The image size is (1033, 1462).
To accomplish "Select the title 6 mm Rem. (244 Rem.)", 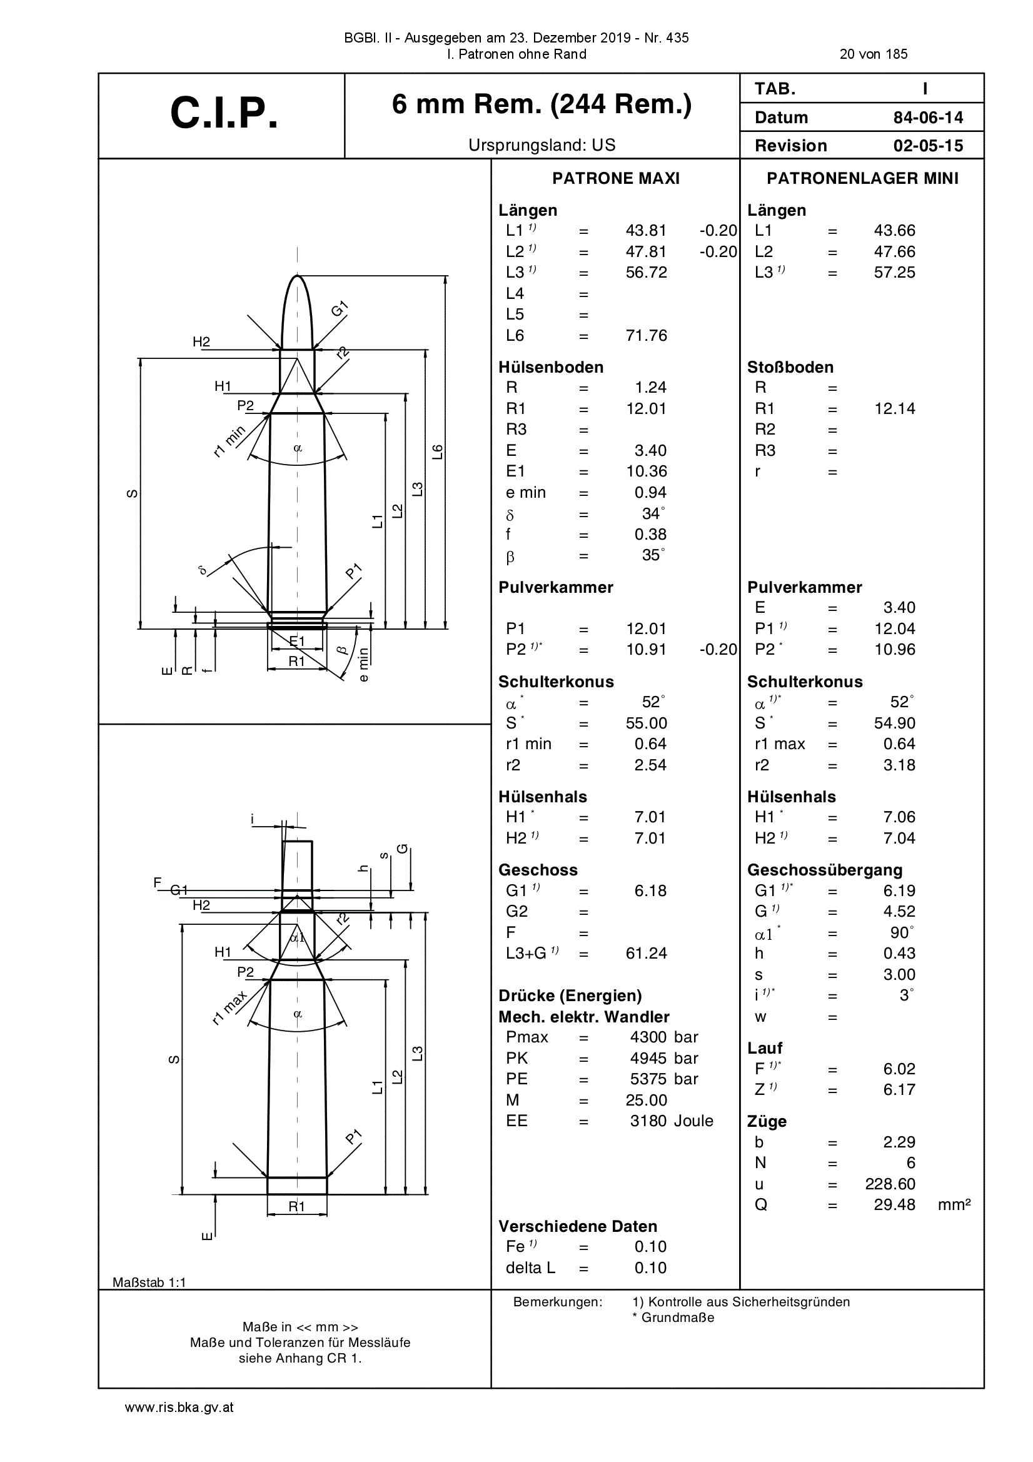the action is tap(542, 104).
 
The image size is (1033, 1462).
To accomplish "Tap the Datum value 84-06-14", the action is tap(928, 118).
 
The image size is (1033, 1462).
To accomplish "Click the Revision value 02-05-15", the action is tap(928, 146).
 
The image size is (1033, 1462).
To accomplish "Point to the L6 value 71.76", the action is tap(647, 336).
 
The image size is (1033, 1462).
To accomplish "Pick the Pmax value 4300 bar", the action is tap(664, 1037).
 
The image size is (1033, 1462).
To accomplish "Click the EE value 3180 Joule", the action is tap(671, 1121).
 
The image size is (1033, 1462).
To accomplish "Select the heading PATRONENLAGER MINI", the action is tap(862, 179).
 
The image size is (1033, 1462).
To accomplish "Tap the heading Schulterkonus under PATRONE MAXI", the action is tap(556, 682).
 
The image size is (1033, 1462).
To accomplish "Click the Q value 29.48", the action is tap(894, 1205).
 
